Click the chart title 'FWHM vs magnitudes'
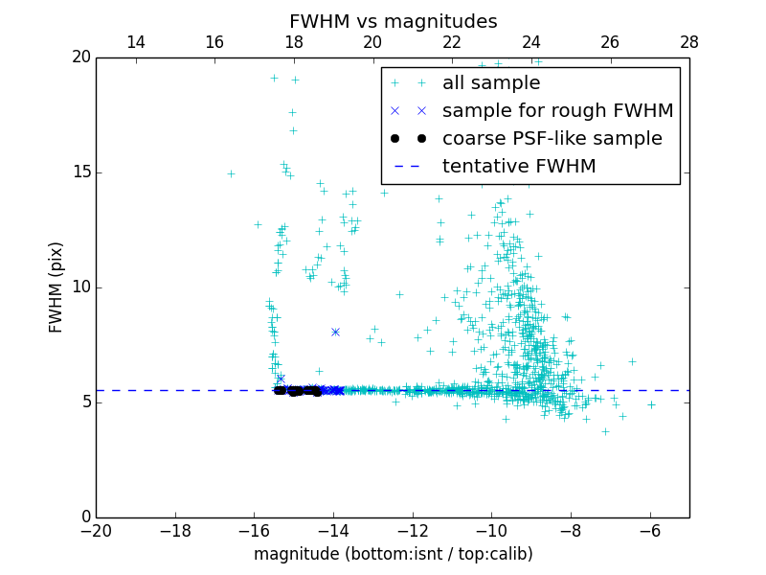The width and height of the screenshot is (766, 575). click(393, 21)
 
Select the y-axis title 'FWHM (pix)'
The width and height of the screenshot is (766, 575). click(56, 287)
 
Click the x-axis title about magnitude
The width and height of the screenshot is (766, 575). click(393, 554)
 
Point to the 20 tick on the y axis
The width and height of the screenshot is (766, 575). click(80, 57)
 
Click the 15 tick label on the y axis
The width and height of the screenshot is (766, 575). click(80, 172)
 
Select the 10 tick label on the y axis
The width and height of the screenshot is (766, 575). click(80, 287)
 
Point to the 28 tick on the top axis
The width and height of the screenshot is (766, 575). click(689, 42)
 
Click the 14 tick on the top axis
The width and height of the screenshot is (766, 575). click(136, 42)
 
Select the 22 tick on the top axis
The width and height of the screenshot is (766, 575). click(452, 42)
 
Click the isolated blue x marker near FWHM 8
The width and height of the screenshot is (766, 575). click(335, 332)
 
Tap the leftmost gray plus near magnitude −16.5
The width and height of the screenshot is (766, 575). click(231, 173)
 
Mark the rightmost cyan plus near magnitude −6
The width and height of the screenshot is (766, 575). click(651, 404)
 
